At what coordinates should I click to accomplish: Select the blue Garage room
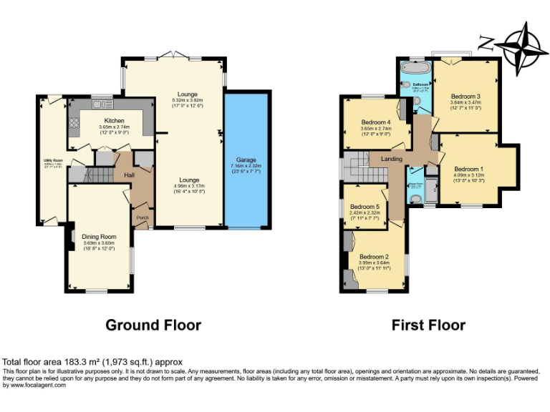pos(247,161)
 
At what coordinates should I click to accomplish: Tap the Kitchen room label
pos(115,121)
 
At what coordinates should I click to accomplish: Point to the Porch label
pos(142,218)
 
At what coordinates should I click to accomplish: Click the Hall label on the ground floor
pos(130,175)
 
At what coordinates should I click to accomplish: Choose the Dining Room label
pos(99,236)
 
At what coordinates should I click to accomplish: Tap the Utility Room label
pos(52,162)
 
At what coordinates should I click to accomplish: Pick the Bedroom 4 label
pos(376,122)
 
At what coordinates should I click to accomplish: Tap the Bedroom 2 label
pos(374,257)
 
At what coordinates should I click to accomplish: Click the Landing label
pos(391,159)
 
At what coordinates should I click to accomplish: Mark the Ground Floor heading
pos(153,325)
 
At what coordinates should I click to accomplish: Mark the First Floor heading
pos(428,325)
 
